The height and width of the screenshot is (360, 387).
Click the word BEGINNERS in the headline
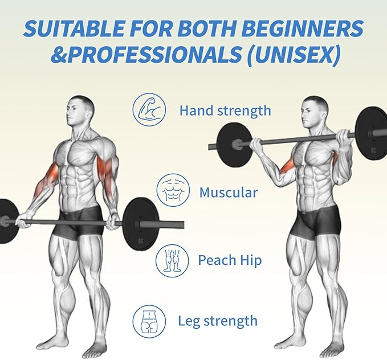302,28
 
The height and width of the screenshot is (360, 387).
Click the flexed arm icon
149,110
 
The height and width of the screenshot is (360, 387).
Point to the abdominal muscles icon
173,190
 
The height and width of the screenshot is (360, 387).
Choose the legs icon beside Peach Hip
172,261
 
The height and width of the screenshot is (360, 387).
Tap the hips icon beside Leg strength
149,321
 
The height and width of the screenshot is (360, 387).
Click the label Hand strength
225,111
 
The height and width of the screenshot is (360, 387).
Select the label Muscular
229,193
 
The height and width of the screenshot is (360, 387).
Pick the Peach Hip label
230,260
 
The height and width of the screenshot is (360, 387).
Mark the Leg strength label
218,321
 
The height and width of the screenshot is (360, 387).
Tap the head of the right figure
314,112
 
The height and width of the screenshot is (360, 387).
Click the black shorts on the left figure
79,222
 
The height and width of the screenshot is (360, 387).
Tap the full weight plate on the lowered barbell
140,224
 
